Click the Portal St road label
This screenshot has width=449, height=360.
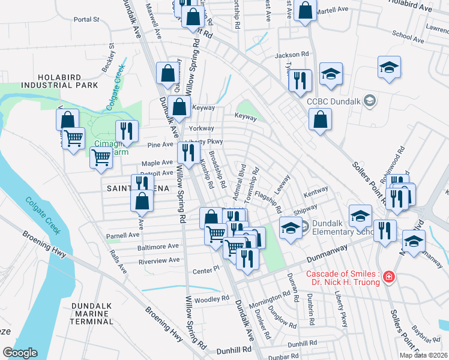[86, 19]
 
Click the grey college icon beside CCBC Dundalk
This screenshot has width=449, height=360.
[370, 101]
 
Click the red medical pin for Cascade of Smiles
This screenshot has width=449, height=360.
[389, 277]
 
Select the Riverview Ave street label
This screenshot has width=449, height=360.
[158, 260]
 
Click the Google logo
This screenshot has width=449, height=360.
[20, 353]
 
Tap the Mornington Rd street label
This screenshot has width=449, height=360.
[270, 298]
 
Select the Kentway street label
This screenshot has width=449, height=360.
[316, 191]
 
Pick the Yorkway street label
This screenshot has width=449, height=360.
[201, 128]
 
